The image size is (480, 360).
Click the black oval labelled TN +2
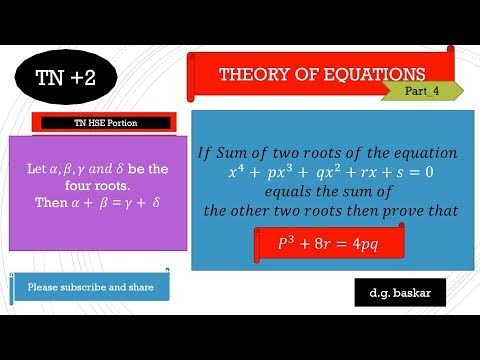pyautogui.click(x=65, y=79)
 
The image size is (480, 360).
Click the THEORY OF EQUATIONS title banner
pyautogui.click(x=321, y=75)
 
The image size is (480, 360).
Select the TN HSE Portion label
pyautogui.click(x=106, y=123)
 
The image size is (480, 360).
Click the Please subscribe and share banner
pyautogui.click(x=90, y=287)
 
